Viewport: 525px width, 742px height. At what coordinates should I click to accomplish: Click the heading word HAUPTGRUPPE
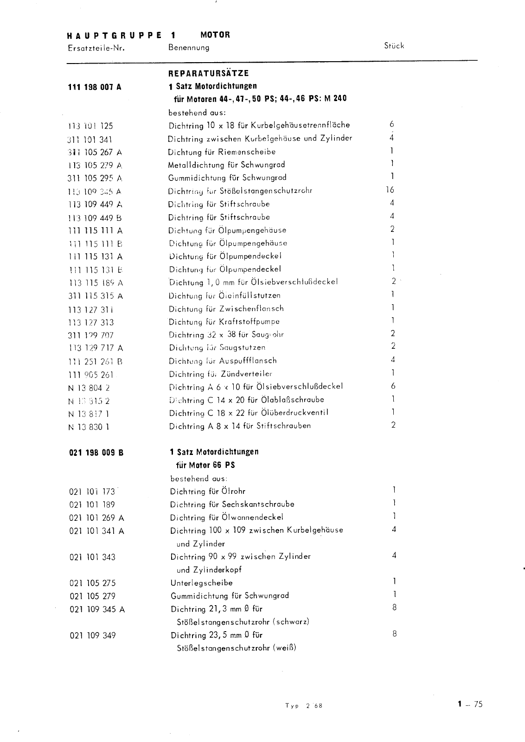coord(114,35)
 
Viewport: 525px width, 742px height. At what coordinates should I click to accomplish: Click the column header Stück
coord(394,45)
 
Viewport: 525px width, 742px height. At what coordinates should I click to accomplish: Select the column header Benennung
coord(189,47)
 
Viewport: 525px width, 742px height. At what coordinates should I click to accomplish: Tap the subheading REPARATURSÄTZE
coord(209,73)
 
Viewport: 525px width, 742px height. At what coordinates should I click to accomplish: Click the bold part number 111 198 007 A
coord(95,87)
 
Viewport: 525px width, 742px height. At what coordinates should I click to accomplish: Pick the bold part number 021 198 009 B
coord(96,452)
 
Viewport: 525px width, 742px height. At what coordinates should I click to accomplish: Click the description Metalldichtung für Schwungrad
coord(220,165)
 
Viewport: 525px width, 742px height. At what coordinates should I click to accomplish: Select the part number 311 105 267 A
coord(95,152)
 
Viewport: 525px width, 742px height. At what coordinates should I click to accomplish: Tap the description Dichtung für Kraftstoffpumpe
coord(224,321)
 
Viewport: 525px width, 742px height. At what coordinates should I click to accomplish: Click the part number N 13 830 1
coord(89,427)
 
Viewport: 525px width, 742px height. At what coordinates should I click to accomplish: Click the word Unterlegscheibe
coord(201,583)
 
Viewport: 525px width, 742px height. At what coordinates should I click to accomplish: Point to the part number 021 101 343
coord(92,557)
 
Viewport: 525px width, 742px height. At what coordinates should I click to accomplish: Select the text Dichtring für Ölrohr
coord(208,492)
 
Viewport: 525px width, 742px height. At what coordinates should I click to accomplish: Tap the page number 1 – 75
coord(470,704)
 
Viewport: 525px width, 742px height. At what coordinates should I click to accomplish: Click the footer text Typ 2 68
coord(303,706)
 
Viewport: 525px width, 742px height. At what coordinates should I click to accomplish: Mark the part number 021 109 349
coord(92,635)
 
